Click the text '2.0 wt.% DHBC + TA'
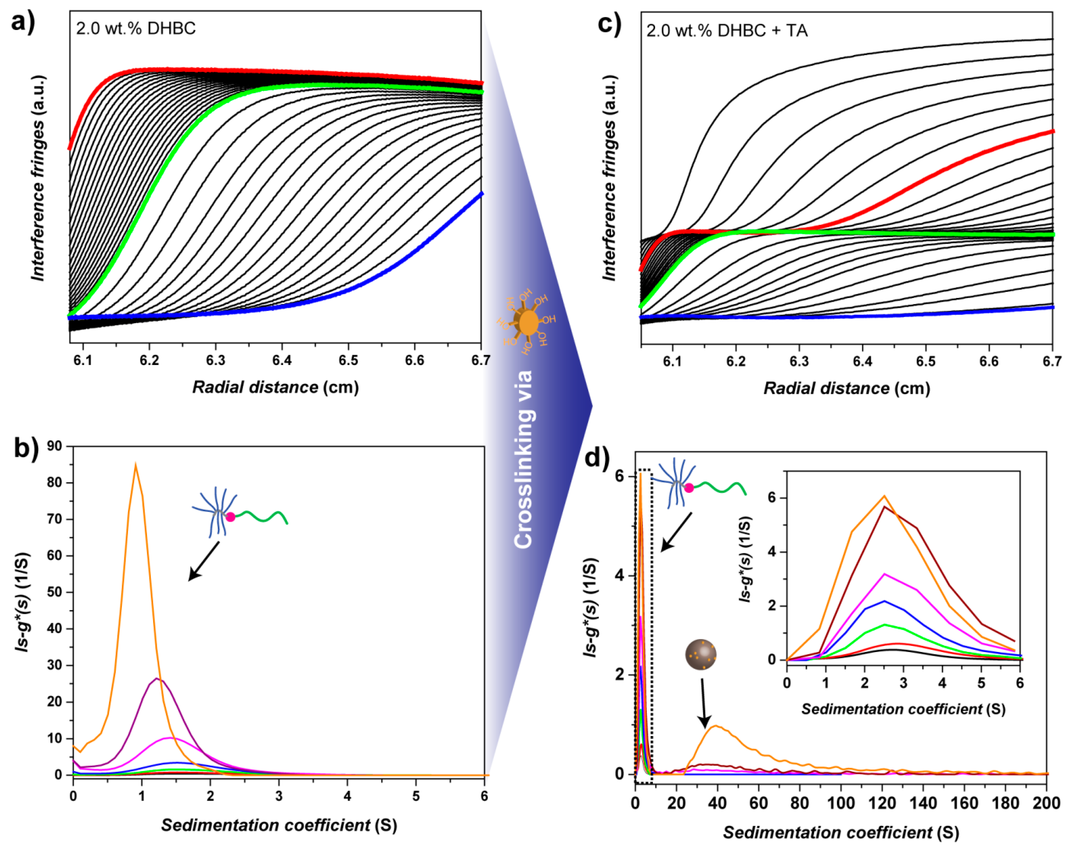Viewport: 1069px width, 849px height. (727, 31)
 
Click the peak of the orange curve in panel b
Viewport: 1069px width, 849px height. (135, 465)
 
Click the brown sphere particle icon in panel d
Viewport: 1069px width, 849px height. (701, 655)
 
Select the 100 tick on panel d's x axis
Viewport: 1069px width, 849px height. (841, 802)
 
